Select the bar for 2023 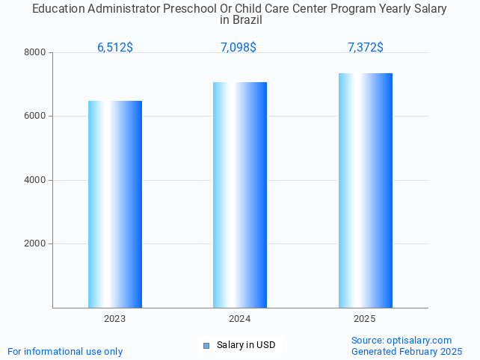[115, 204]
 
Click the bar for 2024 [240, 194]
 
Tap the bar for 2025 [365, 190]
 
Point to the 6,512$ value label [115, 48]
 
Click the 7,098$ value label [239, 48]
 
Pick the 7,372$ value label [365, 48]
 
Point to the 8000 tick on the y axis [34, 53]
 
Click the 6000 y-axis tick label [34, 117]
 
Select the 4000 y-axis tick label [34, 180]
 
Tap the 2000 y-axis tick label [34, 244]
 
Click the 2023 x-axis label [115, 319]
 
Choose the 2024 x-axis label [240, 319]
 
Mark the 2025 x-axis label [365, 319]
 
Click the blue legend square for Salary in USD [206, 345]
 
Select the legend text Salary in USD [246, 345]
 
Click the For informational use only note [65, 352]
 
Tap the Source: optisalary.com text [401, 341]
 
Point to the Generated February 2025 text [407, 352]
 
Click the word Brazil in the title [247, 20]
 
